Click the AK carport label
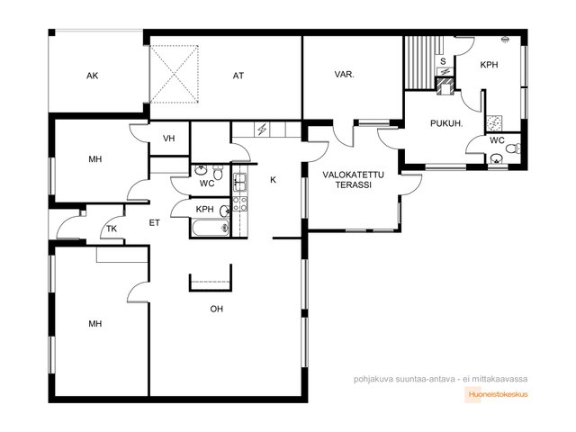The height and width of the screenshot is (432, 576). pos(92,76)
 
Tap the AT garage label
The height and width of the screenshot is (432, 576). pos(238,76)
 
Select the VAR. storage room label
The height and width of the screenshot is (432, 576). pos(344,75)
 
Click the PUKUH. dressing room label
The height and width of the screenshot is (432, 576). pos(446,123)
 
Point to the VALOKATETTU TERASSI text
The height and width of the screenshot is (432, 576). pos(354,180)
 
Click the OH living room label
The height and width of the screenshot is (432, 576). pos(216,309)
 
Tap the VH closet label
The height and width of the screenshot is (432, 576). pos(168,139)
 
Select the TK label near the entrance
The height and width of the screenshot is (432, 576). pos(112,229)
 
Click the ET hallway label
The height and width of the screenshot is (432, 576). pos(154,222)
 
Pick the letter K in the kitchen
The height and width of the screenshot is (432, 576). pos(273,180)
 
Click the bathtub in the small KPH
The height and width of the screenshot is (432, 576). pos(211,228)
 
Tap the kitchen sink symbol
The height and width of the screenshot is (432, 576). pos(240,182)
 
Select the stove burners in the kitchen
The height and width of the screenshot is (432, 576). pos(240,204)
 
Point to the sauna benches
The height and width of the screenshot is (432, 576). pos(421,62)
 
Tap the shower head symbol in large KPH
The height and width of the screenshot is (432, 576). pos(506,40)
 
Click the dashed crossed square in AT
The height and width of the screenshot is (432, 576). pos(174,74)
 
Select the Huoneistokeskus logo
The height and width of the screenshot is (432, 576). pos(497,394)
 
